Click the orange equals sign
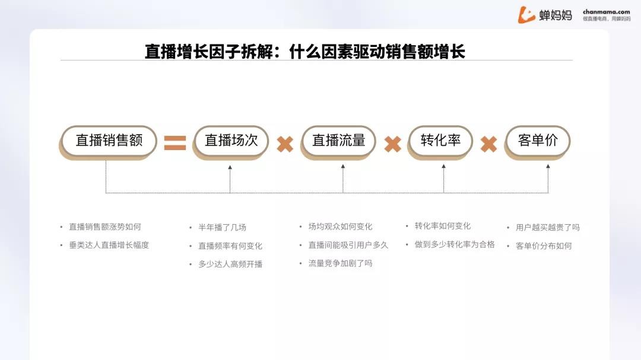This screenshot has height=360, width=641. (175, 143)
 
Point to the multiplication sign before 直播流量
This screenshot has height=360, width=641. (285, 144)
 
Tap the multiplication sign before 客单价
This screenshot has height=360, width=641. (488, 144)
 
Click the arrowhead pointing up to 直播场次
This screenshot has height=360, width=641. (230, 167)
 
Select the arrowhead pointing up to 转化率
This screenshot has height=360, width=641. (443, 167)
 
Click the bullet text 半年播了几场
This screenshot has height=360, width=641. (222, 227)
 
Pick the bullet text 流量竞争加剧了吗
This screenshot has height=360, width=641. (340, 263)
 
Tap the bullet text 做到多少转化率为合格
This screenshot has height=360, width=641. (455, 244)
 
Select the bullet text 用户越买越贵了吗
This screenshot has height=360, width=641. (547, 227)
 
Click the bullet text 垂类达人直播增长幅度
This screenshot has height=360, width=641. (109, 245)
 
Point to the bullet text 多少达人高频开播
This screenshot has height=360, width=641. (230, 265)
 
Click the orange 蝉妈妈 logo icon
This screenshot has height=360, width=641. (526, 15)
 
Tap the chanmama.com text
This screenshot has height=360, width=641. (606, 12)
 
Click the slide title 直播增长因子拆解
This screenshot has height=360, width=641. (209, 52)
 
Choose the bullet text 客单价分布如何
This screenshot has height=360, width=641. (543, 246)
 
